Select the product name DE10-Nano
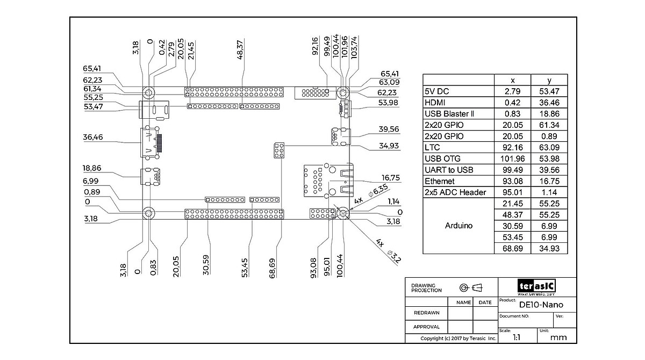tap(541, 305)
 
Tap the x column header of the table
tap(512, 80)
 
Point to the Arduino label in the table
tap(458, 226)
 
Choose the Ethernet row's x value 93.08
tap(512, 181)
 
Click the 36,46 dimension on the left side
tap(93, 137)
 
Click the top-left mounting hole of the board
tap(148, 92)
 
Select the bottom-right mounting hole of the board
tap(342, 214)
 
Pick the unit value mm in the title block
tap(558, 337)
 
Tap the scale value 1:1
tap(517, 337)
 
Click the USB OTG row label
tap(442, 159)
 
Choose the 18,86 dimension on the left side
tap(93, 168)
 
